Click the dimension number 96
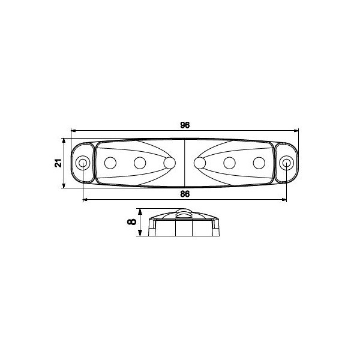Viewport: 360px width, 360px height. [185, 125]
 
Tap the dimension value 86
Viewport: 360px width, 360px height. [185, 194]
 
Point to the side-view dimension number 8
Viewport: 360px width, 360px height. [132, 222]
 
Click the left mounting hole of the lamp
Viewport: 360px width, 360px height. [83, 163]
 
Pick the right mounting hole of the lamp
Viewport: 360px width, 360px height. [287, 163]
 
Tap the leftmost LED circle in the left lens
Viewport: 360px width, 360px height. [110, 163]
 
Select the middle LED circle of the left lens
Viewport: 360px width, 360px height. [140, 163]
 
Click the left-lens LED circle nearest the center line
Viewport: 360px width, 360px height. [170, 163]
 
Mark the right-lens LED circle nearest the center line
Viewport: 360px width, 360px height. [200, 163]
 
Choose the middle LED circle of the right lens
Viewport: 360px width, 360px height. [229, 163]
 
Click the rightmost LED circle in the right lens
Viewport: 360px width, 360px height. [259, 163]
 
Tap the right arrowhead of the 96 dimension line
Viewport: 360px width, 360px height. [296, 130]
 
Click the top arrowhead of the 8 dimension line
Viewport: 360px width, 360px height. [140, 211]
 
